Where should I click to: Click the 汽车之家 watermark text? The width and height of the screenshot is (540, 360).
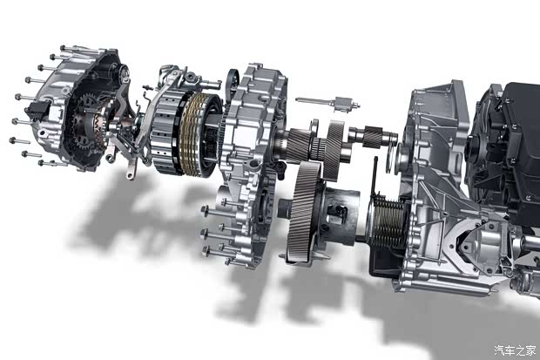coord(516,350)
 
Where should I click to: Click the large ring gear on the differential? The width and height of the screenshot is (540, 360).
coord(303,211)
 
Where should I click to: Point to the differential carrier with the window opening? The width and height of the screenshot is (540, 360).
coord(338,216)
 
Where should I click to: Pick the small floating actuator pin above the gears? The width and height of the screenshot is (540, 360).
coord(327,102)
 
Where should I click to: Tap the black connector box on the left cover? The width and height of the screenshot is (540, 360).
coord(37,108)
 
